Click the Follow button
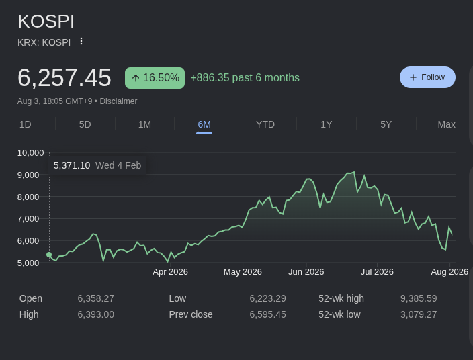[x=427, y=77]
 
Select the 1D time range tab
[x=26, y=124]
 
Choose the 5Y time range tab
[x=386, y=124]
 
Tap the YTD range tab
[x=265, y=124]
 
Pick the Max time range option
[x=446, y=124]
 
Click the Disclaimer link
[x=118, y=101]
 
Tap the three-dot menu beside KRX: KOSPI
[x=81, y=42]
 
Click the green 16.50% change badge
[x=155, y=78]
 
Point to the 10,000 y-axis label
[x=30, y=153]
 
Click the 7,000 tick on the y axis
[x=28, y=218]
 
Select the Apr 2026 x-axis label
[x=170, y=272]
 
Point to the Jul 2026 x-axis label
[x=377, y=272]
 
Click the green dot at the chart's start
[x=49, y=255]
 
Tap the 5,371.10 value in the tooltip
[x=72, y=165]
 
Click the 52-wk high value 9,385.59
[x=419, y=298]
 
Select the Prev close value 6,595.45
[x=267, y=314]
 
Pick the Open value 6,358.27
[x=95, y=298]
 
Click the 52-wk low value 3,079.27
[x=419, y=314]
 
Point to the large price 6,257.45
[x=64, y=78]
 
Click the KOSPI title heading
[x=46, y=21]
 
